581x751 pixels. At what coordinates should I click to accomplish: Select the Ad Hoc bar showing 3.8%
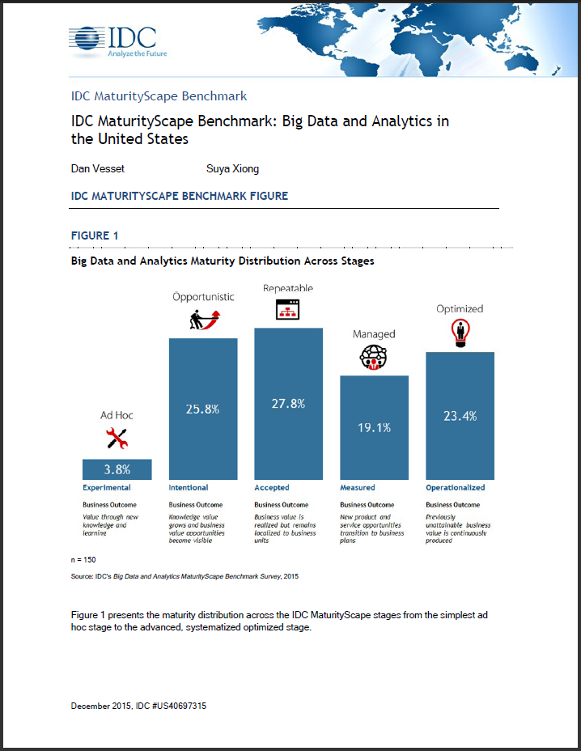(117, 469)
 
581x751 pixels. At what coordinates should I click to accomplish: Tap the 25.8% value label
(203, 409)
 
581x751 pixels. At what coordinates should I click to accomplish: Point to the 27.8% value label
(289, 403)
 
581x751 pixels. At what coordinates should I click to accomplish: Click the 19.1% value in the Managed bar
(374, 427)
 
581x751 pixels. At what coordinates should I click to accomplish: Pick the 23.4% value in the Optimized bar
(460, 416)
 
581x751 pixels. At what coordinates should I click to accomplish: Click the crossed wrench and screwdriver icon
(117, 439)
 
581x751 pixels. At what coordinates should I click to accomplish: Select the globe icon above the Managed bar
(374, 358)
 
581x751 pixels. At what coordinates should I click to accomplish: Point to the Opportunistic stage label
(203, 296)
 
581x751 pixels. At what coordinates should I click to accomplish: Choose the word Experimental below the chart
(107, 488)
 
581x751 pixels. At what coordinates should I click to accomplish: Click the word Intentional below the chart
(189, 488)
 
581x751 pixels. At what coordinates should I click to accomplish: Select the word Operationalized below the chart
(456, 488)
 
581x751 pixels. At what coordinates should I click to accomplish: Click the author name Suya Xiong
(232, 168)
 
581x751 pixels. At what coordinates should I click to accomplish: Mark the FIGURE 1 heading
(95, 235)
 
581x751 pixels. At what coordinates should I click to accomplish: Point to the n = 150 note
(84, 559)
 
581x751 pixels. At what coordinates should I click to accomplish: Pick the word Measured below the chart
(358, 488)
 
